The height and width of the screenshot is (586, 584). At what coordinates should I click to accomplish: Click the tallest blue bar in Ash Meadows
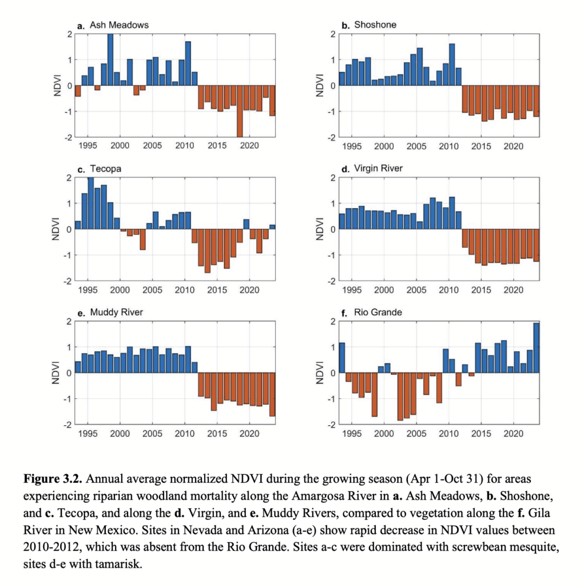110,60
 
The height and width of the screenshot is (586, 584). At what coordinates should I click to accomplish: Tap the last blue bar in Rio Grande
536,348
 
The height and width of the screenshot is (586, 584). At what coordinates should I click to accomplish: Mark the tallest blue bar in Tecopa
90,203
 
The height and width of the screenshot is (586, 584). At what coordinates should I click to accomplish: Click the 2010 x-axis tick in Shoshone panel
448,146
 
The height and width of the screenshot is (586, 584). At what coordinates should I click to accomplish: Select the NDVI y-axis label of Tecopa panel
57,229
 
